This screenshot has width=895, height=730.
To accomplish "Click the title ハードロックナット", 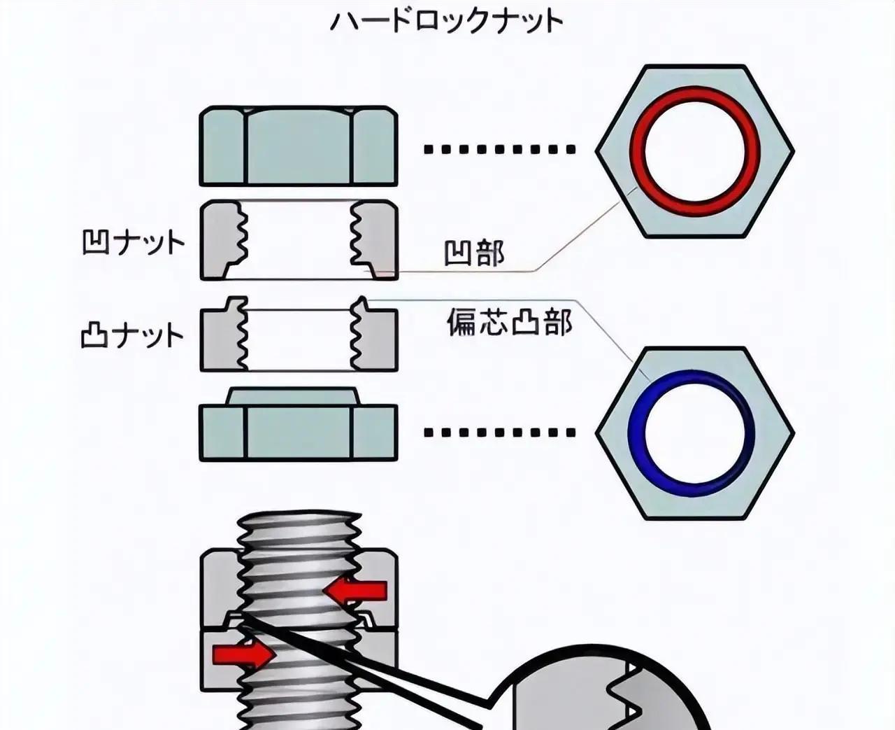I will tap(446, 21).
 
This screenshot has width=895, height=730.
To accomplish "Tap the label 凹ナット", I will tap(134, 244).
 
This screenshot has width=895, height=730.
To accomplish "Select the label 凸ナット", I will tap(133, 336).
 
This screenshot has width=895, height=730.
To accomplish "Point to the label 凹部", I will tap(474, 253).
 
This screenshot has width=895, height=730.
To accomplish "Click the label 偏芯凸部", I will tap(510, 322).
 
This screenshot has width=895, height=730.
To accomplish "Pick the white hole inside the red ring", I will tap(694, 150).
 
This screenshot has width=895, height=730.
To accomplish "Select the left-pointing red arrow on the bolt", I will tap(357, 592).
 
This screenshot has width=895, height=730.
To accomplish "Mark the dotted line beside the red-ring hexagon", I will tap(499, 149).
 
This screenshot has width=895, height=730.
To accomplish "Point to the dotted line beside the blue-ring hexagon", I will tap(499, 433).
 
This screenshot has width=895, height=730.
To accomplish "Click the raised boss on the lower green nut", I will tap(292, 397).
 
